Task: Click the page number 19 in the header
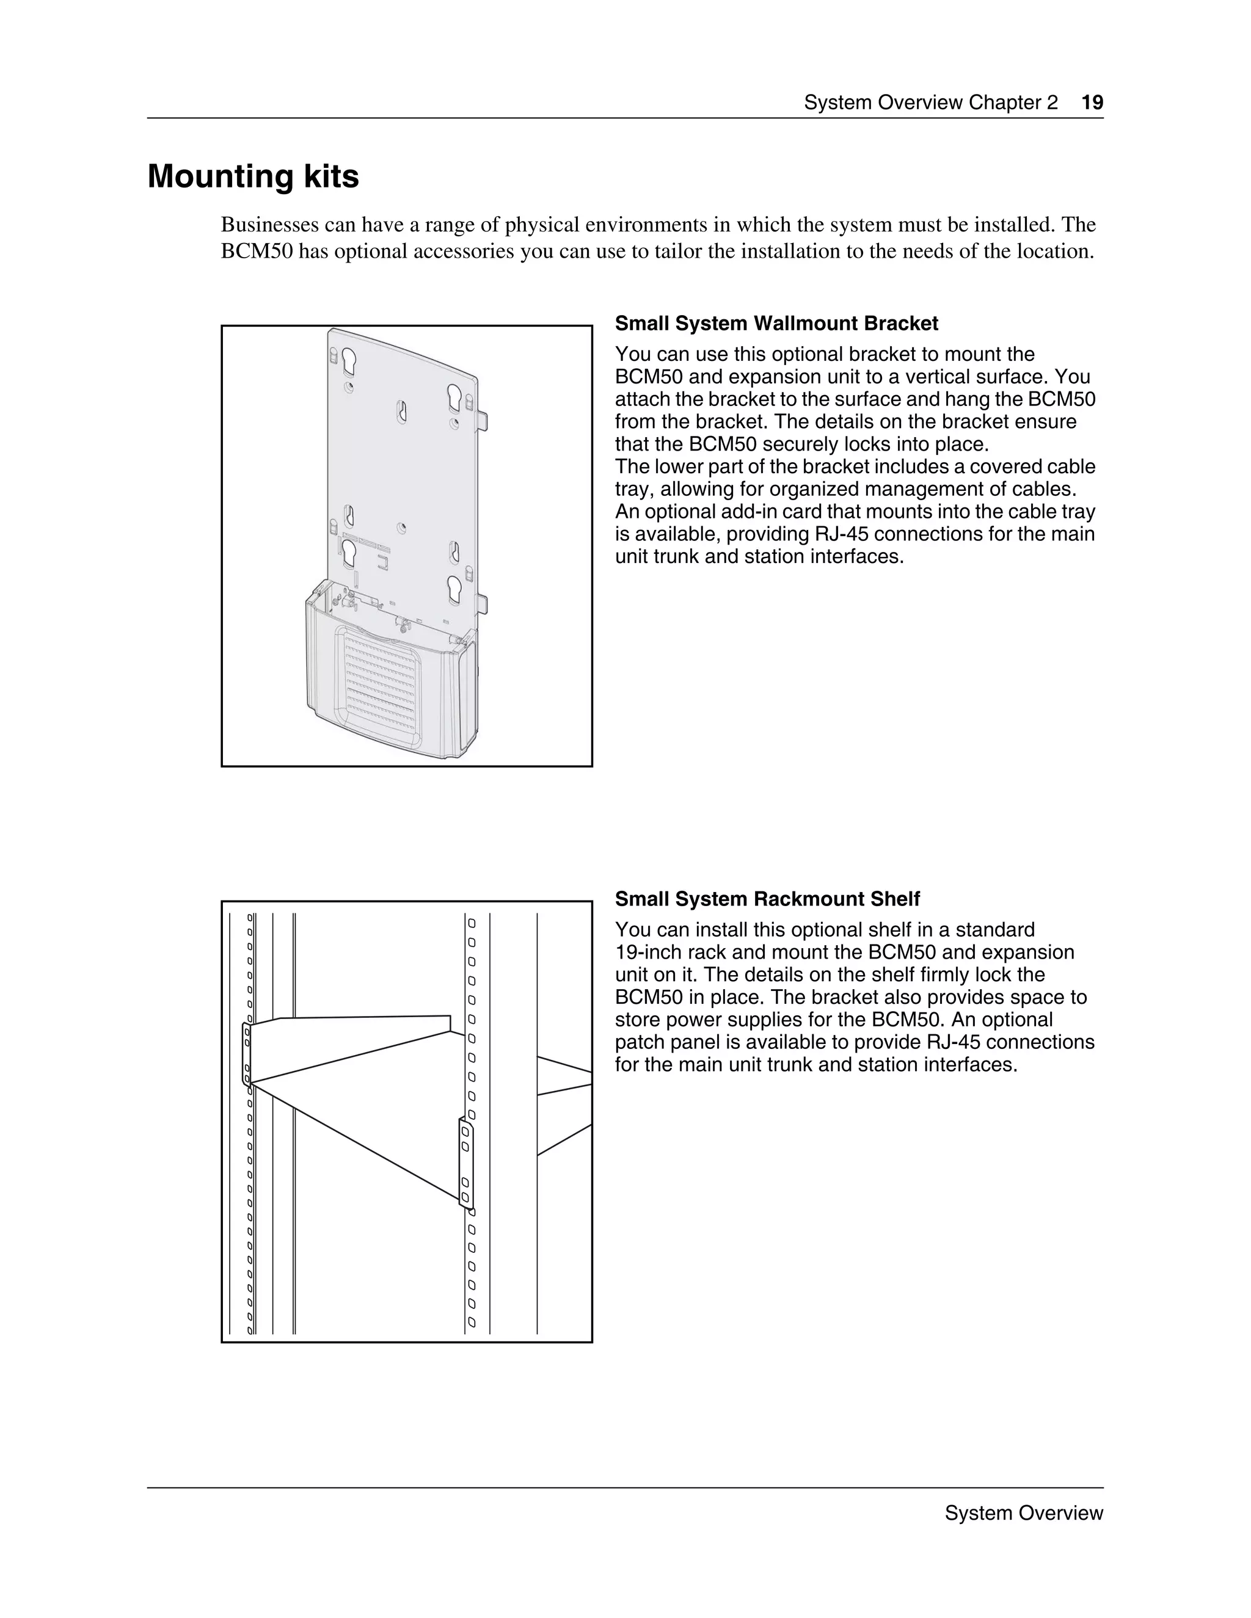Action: coord(1092,102)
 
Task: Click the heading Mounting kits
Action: coord(253,177)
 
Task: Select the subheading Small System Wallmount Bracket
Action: coord(776,324)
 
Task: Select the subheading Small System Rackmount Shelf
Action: coord(767,899)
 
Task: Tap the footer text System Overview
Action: coord(1024,1513)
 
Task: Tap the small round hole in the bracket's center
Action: coord(401,528)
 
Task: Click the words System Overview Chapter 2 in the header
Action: coord(931,102)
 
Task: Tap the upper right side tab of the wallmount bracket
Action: coord(483,420)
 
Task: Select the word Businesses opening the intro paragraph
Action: coord(270,225)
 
